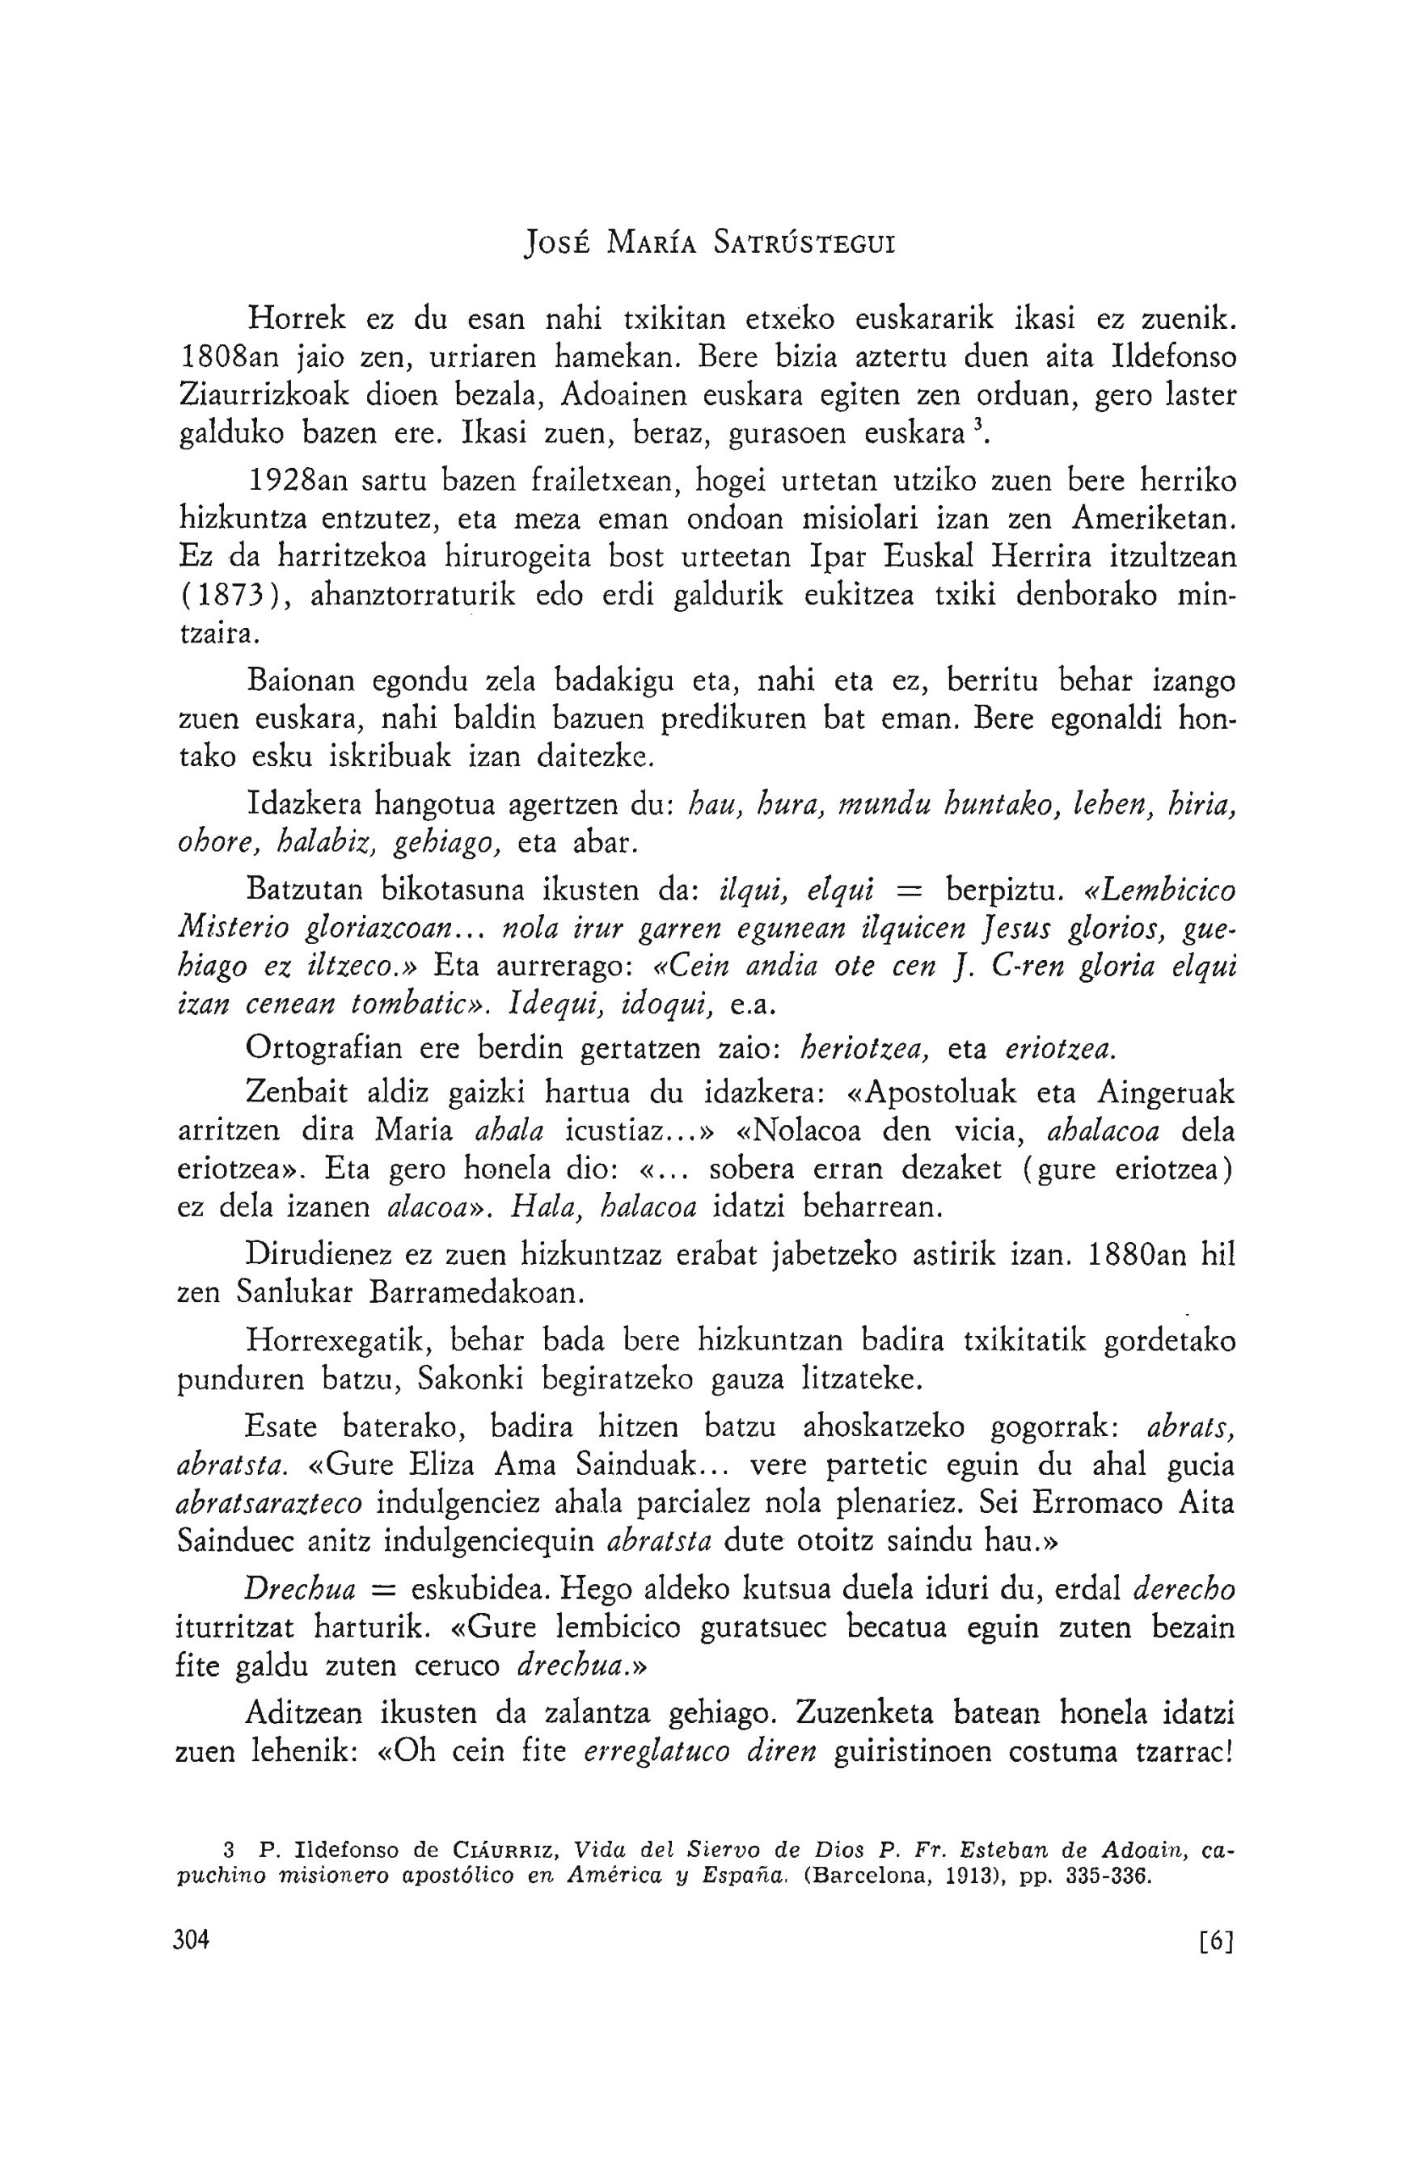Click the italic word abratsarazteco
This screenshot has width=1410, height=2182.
[x=269, y=1504]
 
